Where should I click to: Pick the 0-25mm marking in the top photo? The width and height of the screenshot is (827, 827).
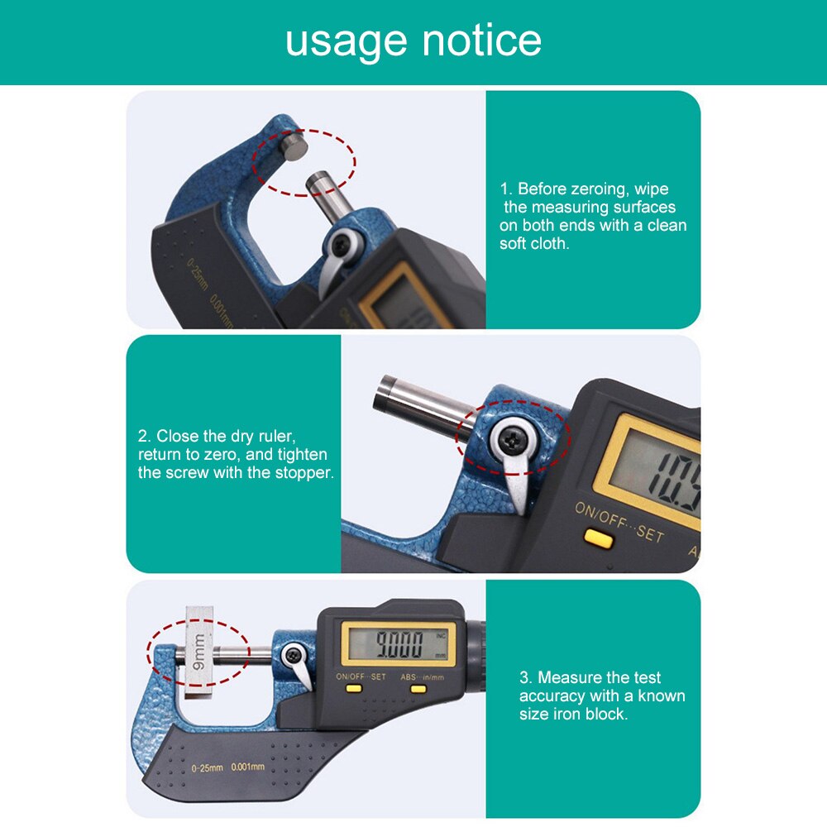197,277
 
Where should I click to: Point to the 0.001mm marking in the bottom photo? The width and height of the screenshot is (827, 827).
247,767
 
